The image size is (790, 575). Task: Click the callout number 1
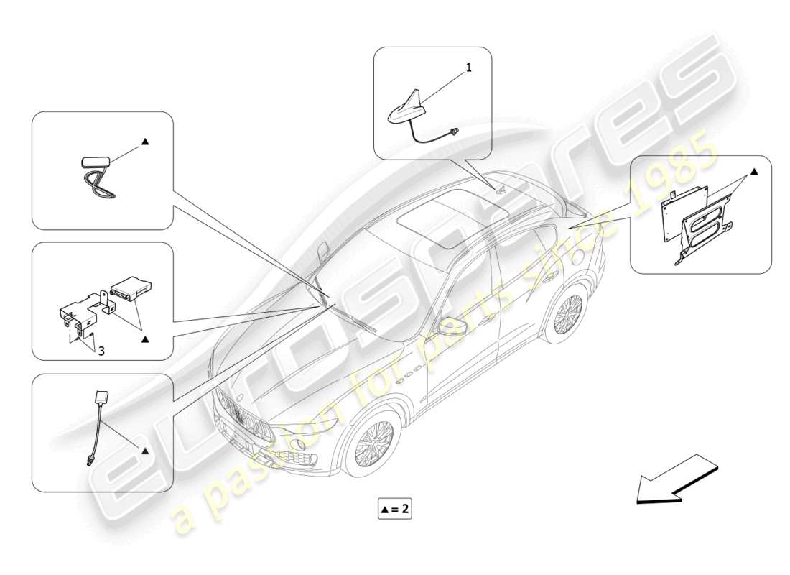pos(468,68)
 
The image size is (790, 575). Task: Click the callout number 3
pos(101,351)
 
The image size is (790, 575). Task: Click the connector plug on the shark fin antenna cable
pos(453,132)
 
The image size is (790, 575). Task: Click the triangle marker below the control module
pos(145,336)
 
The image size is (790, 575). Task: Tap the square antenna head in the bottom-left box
pos(101,399)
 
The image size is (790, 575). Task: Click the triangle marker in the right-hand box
pos(753,172)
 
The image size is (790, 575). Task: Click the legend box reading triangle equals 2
pos(396,510)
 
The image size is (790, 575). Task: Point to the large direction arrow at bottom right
pos(675,477)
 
